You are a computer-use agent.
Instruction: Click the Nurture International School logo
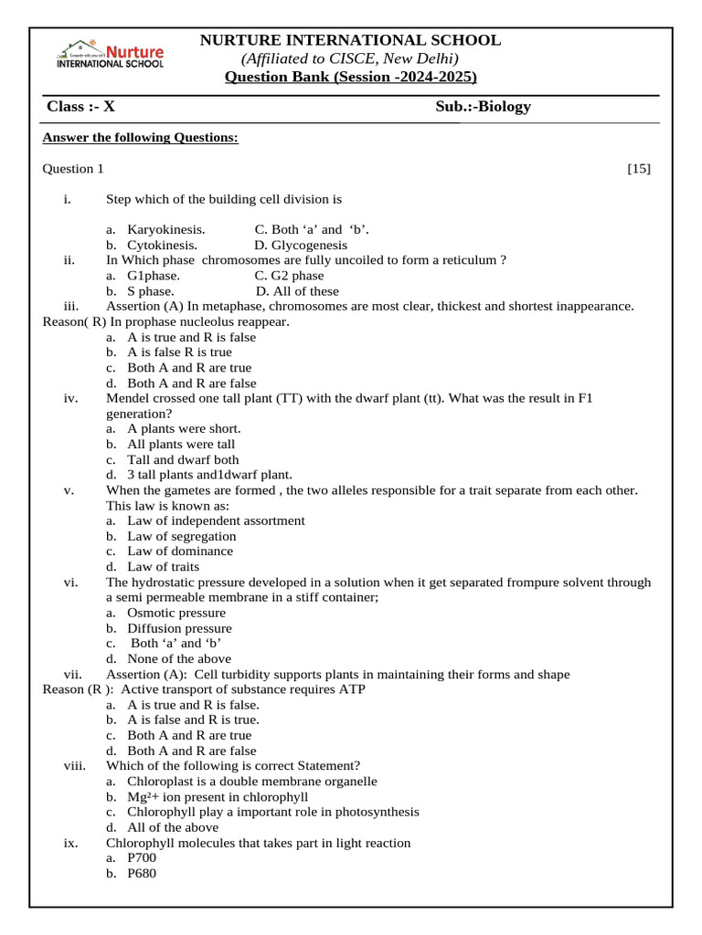[111, 54]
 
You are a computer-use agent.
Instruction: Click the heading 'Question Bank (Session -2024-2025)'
[351, 76]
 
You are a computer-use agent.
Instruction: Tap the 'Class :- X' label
[81, 107]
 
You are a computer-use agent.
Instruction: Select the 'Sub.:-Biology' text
[483, 107]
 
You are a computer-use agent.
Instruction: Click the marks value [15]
[639, 169]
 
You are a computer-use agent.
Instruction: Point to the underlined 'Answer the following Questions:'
[141, 138]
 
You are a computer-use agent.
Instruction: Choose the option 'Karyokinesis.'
[165, 229]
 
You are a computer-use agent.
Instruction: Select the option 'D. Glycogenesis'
[301, 245]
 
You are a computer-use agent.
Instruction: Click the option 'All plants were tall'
[181, 445]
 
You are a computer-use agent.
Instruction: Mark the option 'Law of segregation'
[181, 536]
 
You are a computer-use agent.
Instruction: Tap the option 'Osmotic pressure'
[175, 613]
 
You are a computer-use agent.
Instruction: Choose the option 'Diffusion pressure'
[179, 628]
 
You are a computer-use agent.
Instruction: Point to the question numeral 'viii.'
[74, 766]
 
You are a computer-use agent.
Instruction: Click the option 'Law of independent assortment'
[216, 520]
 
